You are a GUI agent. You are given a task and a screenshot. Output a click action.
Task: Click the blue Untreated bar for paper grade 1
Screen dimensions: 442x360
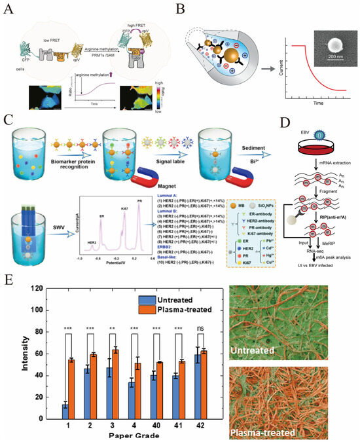(x=65, y=411)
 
